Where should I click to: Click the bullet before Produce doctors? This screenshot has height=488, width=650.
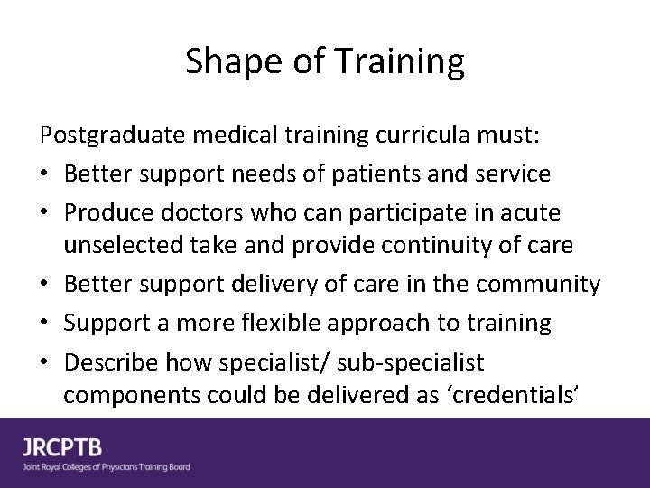(x=46, y=213)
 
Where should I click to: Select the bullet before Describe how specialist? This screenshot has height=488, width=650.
(x=46, y=363)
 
